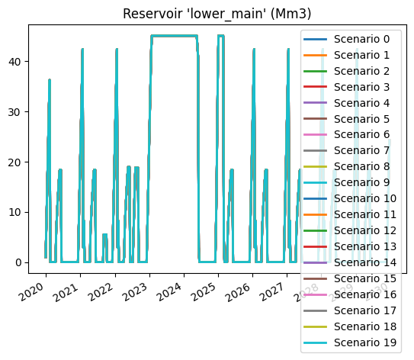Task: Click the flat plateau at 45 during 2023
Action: (174, 36)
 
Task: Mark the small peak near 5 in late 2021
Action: (104, 235)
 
